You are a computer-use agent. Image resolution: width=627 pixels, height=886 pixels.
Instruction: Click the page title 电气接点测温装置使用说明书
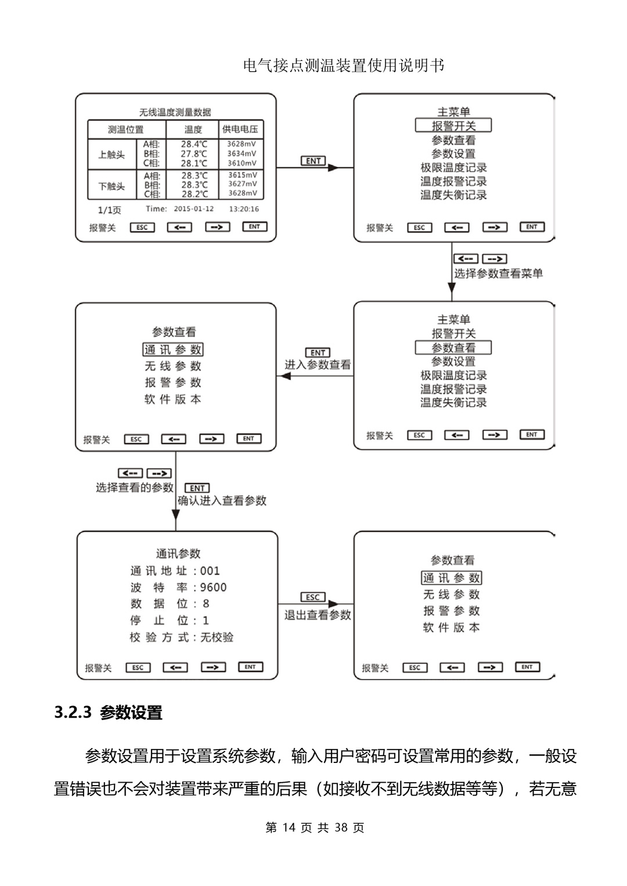tap(344, 66)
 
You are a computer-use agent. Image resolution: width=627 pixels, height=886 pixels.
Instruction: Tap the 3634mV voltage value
tap(242, 154)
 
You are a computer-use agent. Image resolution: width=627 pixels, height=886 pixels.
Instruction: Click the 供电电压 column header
tap(240, 129)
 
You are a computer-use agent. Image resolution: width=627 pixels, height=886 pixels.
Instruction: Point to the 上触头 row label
tap(111, 154)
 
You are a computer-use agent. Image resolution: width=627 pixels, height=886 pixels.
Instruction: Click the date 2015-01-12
tap(194, 209)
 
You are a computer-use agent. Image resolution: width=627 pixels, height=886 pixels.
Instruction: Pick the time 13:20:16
tap(244, 209)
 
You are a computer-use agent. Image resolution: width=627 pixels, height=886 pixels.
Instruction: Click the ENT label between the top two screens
tap(313, 161)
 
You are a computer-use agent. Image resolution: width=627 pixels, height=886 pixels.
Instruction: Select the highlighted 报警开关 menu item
tap(453, 126)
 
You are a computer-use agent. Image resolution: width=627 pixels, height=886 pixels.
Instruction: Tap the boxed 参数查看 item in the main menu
tap(453, 348)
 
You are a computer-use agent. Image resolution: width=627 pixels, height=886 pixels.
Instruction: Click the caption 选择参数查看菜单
tap(498, 273)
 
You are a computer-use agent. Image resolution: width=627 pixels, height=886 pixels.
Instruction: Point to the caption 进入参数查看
tap(318, 365)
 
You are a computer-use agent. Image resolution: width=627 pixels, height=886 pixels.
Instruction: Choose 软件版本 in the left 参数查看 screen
tap(173, 399)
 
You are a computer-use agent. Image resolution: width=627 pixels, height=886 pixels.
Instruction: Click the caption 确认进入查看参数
tap(222, 500)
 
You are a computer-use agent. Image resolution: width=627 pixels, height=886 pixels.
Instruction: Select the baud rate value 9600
tap(213, 587)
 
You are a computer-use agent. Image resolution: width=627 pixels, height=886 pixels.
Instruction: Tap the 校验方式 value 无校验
tap(217, 637)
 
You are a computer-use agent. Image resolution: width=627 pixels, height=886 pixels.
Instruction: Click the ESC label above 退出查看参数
tap(313, 597)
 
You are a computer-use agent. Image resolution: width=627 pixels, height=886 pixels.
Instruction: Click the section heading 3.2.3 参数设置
tap(109, 713)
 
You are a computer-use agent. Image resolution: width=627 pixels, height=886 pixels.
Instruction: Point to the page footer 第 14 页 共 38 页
tap(314, 827)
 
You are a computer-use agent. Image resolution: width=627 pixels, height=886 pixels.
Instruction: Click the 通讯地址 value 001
tap(210, 571)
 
